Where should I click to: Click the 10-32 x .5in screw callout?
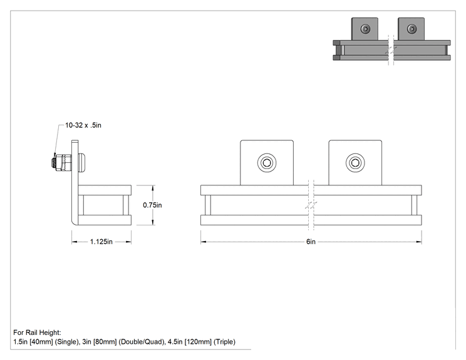point(83,125)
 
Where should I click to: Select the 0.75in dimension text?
point(152,205)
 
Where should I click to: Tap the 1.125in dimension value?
point(101,242)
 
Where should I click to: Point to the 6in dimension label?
point(311,242)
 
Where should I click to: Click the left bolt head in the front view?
point(267,163)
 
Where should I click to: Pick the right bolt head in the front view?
point(355,163)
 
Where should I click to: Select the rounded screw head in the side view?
point(82,163)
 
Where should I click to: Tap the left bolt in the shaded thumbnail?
point(365,29)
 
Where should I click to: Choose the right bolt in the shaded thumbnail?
point(412,29)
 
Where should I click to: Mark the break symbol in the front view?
point(311,205)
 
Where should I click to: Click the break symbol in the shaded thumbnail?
point(391,50)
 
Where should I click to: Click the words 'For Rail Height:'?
point(37,332)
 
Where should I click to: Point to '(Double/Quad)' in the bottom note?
point(142,342)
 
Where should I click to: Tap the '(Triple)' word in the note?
point(224,342)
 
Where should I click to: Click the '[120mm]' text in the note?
point(198,342)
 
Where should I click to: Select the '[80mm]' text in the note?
point(105,342)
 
